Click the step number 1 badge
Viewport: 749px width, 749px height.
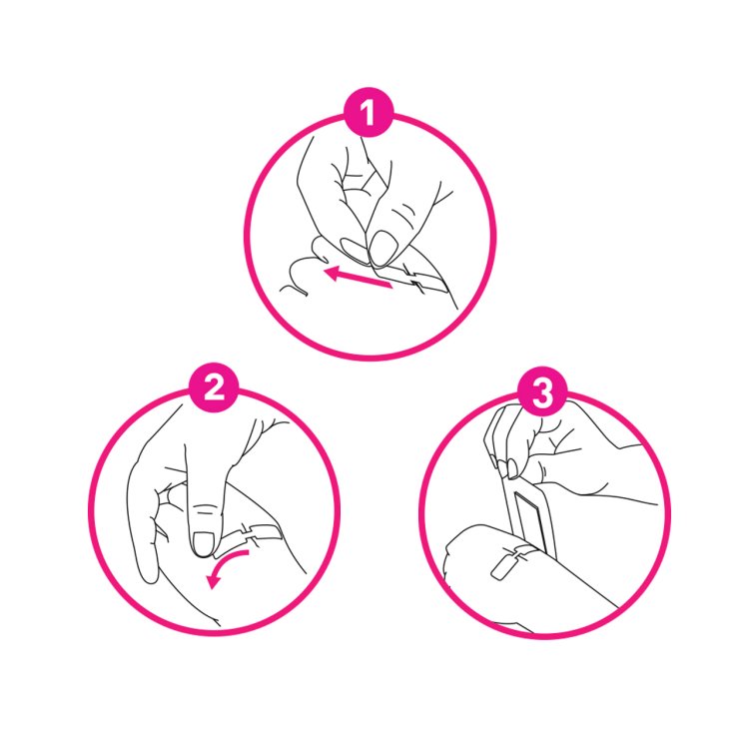pyautogui.click(x=369, y=113)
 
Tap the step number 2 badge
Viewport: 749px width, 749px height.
pyautogui.click(x=214, y=387)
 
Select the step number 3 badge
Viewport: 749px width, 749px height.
pyautogui.click(x=542, y=391)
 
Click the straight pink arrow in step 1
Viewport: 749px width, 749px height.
pyautogui.click(x=358, y=279)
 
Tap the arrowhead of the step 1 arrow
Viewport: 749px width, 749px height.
pyautogui.click(x=332, y=273)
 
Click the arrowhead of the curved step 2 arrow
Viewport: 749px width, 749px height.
pyautogui.click(x=213, y=582)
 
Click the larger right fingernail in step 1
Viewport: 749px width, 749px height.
pyautogui.click(x=383, y=247)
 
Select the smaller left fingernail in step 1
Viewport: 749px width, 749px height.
pyautogui.click(x=355, y=251)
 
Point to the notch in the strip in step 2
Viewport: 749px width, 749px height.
pyautogui.click(x=249, y=533)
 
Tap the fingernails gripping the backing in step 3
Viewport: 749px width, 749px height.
pyautogui.click(x=506, y=467)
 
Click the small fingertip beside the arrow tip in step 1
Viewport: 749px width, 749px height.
pyautogui.click(x=320, y=249)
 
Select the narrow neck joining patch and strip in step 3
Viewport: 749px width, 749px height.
pyautogui.click(x=519, y=554)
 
